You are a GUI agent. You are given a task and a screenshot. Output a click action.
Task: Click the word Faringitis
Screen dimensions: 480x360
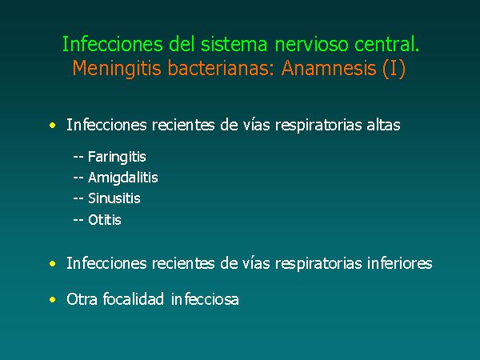point(117,158)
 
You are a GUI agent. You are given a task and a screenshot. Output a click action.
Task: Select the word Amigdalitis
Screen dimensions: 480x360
point(123,178)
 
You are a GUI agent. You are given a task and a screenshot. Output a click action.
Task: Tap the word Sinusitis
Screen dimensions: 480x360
point(114,198)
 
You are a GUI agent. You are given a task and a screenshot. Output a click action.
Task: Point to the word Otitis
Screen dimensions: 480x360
point(105,220)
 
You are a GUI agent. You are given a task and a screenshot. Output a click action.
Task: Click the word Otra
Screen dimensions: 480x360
point(82,299)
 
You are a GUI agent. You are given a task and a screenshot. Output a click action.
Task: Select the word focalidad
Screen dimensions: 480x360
point(133,298)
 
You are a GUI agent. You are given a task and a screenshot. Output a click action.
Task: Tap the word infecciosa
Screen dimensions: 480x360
point(205,298)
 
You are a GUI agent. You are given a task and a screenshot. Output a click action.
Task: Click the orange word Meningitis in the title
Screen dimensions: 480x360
point(117,69)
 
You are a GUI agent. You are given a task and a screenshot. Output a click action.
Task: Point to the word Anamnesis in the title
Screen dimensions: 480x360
point(329,68)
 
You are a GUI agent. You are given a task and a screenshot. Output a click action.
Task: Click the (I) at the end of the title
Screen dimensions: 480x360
point(394,69)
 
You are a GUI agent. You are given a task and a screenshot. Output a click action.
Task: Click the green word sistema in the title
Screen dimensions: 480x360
point(234,44)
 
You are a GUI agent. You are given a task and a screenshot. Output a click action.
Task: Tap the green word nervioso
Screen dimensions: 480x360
point(312,44)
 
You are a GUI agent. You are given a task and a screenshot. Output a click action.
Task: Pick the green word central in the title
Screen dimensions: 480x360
point(385,44)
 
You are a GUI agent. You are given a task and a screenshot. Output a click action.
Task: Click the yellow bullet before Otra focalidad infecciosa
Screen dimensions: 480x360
point(53,299)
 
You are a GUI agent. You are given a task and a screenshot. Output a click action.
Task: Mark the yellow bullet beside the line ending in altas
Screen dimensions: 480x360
point(53,126)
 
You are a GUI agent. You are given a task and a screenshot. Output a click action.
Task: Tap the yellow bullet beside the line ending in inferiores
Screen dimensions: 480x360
point(53,263)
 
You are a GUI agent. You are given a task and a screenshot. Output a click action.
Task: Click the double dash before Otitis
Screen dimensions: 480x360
point(78,220)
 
